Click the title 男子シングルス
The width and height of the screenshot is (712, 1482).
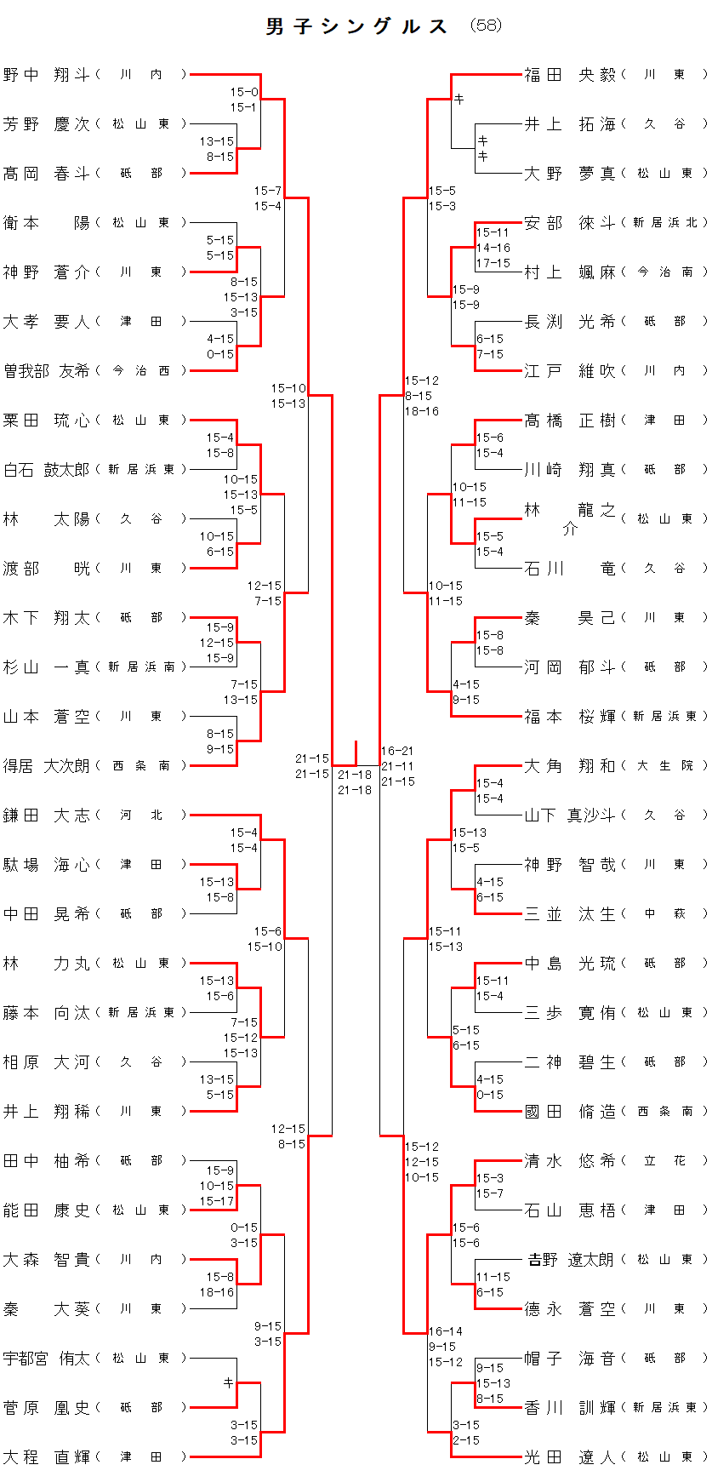click(356, 26)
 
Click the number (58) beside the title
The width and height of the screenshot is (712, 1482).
click(486, 26)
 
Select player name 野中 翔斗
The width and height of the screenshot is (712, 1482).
click(47, 75)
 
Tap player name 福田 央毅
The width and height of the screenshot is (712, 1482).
click(570, 75)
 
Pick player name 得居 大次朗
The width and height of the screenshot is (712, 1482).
click(47, 766)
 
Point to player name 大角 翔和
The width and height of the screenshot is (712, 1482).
click(570, 766)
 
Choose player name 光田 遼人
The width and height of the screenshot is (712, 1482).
click(570, 1457)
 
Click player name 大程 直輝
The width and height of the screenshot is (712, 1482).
click(47, 1457)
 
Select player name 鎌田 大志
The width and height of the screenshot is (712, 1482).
click(47, 815)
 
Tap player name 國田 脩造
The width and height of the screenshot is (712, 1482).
click(570, 1112)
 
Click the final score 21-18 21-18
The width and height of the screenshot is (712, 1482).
click(355, 782)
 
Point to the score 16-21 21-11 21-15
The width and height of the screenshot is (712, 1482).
click(398, 766)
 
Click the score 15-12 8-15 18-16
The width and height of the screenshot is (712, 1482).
click(422, 396)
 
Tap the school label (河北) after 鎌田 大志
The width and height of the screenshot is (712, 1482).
click(141, 815)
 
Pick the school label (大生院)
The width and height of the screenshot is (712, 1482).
click(664, 766)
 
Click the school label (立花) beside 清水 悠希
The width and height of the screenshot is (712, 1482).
click(664, 1161)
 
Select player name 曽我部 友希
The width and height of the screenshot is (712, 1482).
click(47, 371)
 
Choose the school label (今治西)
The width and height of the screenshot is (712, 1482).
click(141, 371)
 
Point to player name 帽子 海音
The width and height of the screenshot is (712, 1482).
click(570, 1359)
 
